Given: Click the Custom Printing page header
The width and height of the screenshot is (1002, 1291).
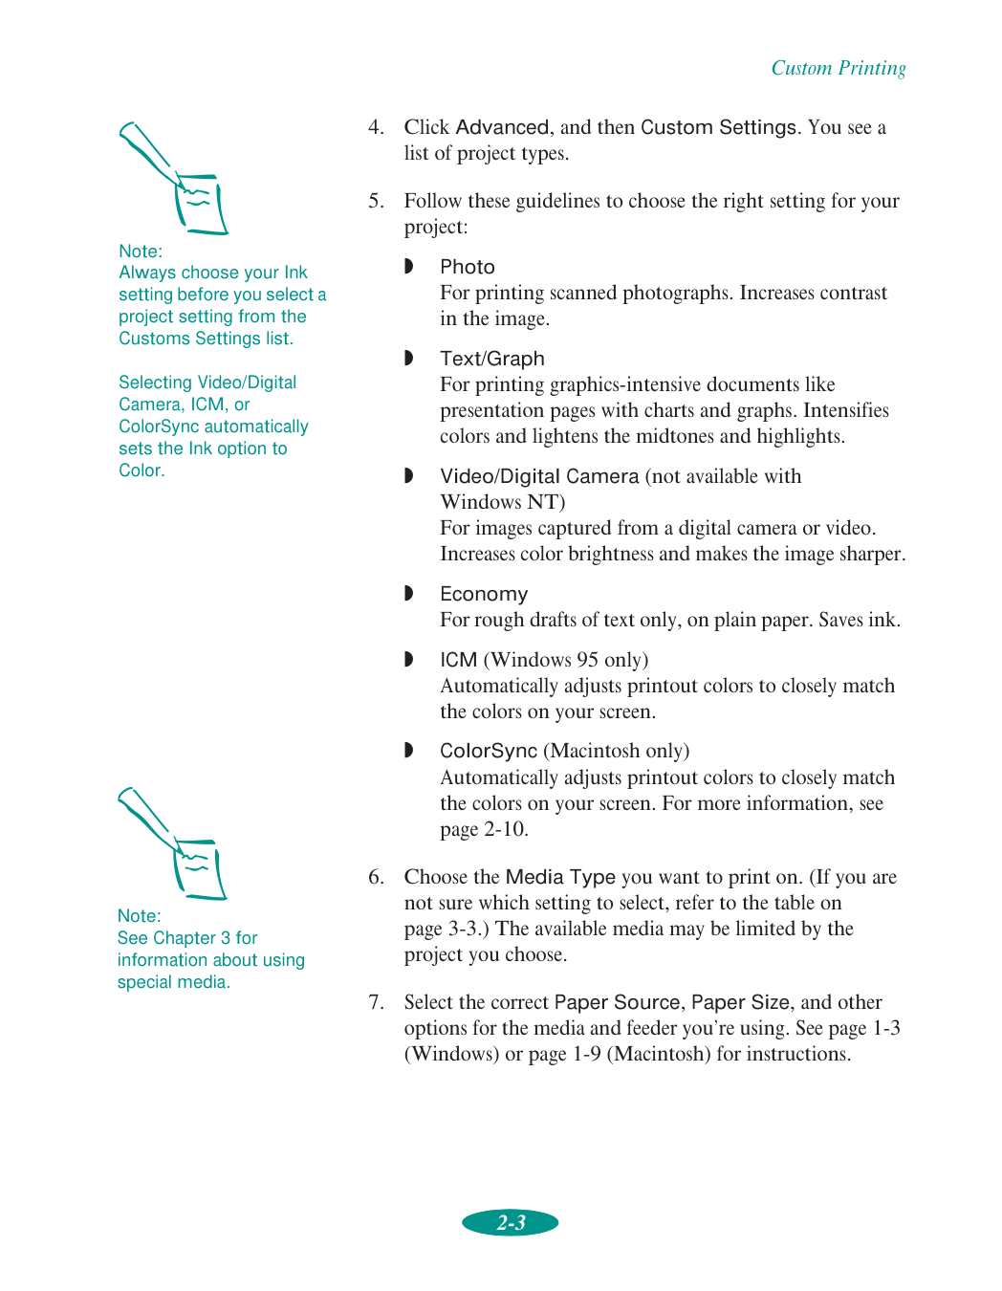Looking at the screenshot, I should tap(838, 68).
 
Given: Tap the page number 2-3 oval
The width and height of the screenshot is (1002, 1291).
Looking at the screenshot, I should tap(511, 1222).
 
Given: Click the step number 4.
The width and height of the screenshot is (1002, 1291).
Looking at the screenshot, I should tap(376, 127).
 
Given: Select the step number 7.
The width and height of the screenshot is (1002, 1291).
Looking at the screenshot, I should tap(376, 1002).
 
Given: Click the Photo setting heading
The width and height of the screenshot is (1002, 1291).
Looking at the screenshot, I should tap(467, 267).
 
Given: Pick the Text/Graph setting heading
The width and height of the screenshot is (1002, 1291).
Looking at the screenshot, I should tap(491, 359).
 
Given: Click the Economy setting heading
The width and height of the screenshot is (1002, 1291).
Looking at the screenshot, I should tap(483, 594).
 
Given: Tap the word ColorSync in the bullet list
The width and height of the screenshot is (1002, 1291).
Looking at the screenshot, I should tap(488, 751).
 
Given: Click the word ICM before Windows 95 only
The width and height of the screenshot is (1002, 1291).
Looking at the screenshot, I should tap(458, 660).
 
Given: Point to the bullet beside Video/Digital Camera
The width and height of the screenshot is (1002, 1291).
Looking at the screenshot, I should tap(409, 476).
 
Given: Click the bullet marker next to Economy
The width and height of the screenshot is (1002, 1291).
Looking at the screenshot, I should tap(409, 594).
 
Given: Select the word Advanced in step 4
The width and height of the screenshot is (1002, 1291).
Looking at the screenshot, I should tap(502, 127).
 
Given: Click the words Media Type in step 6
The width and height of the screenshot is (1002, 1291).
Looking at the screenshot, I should tap(560, 877).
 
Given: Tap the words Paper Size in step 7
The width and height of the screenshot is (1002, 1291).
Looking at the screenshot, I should tap(740, 1002).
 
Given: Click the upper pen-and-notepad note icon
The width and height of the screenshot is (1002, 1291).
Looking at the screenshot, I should tap(174, 179).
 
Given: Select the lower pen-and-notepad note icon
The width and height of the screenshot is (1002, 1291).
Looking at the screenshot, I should tap(173, 844).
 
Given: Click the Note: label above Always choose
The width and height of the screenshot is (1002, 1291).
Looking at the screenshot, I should tap(141, 252).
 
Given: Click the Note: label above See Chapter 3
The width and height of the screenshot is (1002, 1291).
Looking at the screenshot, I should tap(139, 916).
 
